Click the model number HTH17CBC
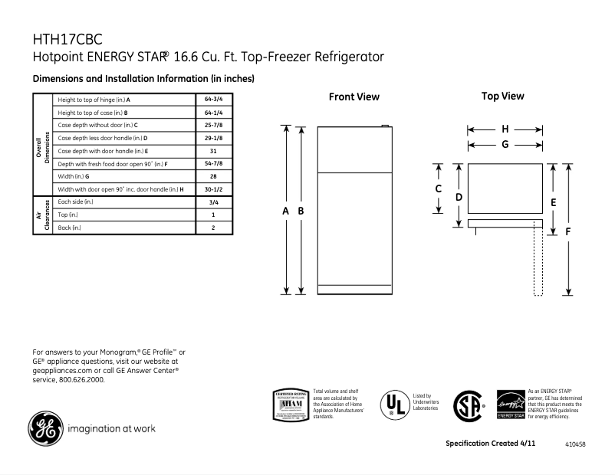tap(67, 39)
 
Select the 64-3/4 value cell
tap(213, 100)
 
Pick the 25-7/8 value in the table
tap(213, 126)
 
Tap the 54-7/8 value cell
tap(213, 164)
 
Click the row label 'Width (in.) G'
tap(74, 176)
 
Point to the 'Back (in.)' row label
tap(70, 228)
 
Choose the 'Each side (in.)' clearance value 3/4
tap(213, 202)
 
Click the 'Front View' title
tap(354, 97)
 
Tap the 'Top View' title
tap(502, 97)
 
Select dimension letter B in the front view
tap(301, 211)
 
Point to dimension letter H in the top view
tap(505, 129)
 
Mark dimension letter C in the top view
tap(438, 188)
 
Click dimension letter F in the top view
tap(568, 231)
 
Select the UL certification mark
tap(395, 403)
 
